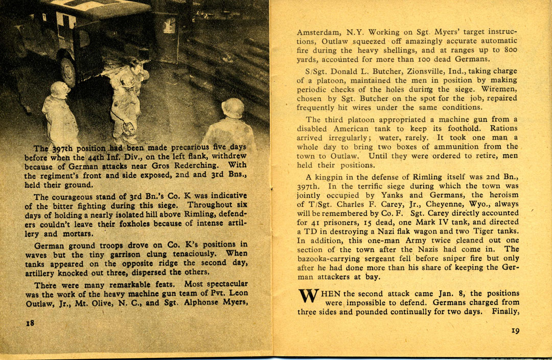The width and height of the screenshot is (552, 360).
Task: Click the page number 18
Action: pyautogui.click(x=30, y=323)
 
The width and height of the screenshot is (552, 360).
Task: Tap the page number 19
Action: pyautogui.click(x=515, y=331)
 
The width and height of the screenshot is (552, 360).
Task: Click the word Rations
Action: pyautogui.click(x=503, y=128)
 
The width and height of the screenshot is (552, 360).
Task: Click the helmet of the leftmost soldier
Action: pyautogui.click(x=60, y=89)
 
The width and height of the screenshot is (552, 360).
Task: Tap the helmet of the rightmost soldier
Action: pyautogui.click(x=233, y=107)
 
